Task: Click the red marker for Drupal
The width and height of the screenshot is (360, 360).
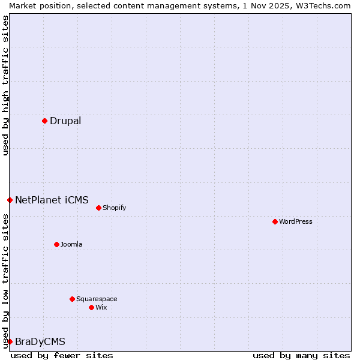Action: [44, 121]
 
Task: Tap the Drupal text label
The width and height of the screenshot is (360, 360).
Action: [65, 121]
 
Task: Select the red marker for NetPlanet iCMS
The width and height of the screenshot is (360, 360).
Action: [10, 200]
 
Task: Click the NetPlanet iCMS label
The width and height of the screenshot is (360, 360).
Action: [52, 200]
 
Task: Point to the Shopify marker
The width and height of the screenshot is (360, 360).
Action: [98, 208]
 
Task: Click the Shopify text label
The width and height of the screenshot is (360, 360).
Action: [114, 208]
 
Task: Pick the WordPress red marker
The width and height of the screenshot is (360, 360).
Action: [275, 221]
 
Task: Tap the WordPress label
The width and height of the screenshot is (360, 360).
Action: [295, 222]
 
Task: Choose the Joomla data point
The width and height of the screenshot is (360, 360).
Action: [56, 244]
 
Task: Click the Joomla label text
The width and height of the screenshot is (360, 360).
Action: [71, 245]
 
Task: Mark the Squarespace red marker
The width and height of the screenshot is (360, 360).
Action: [72, 299]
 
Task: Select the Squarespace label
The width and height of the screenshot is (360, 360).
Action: [97, 299]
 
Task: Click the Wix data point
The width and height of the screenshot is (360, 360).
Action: [91, 307]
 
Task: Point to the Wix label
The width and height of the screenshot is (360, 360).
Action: [101, 308]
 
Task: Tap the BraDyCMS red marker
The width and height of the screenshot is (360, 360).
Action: [10, 341]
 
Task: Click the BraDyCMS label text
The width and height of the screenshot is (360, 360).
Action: [40, 342]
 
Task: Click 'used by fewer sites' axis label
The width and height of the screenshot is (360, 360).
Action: [62, 355]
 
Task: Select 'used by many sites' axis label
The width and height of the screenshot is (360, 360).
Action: [301, 355]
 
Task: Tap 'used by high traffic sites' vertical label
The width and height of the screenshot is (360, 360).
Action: [5, 85]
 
